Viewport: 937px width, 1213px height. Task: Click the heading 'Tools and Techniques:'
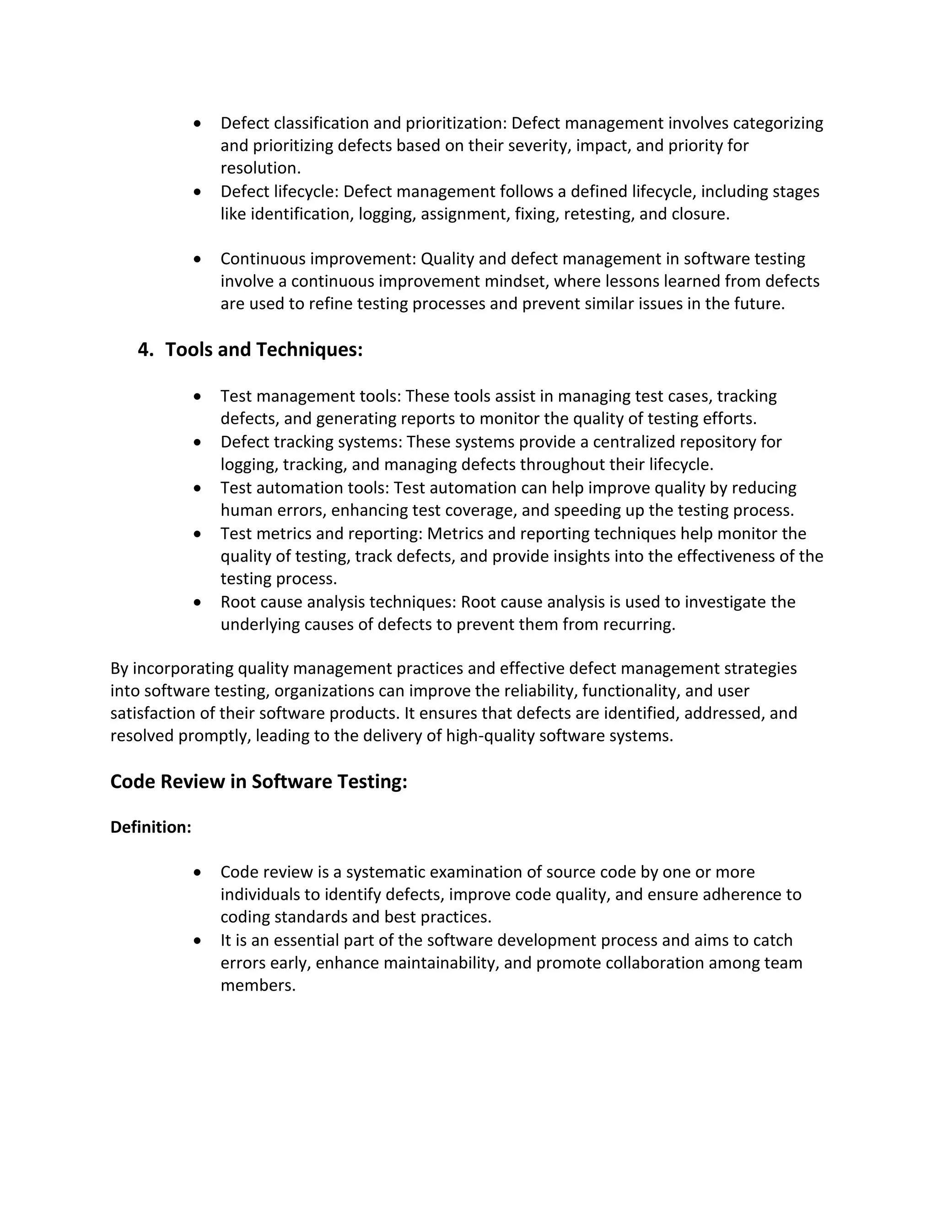[264, 350]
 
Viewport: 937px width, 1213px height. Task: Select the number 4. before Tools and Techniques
[145, 350]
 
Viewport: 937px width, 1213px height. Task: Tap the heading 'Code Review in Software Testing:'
[258, 781]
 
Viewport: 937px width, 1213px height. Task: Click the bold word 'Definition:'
[151, 827]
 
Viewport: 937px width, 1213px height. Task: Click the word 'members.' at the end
[258, 986]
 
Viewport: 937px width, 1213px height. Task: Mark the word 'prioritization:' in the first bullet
[455, 123]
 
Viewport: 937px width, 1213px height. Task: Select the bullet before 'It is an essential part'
[198, 941]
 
